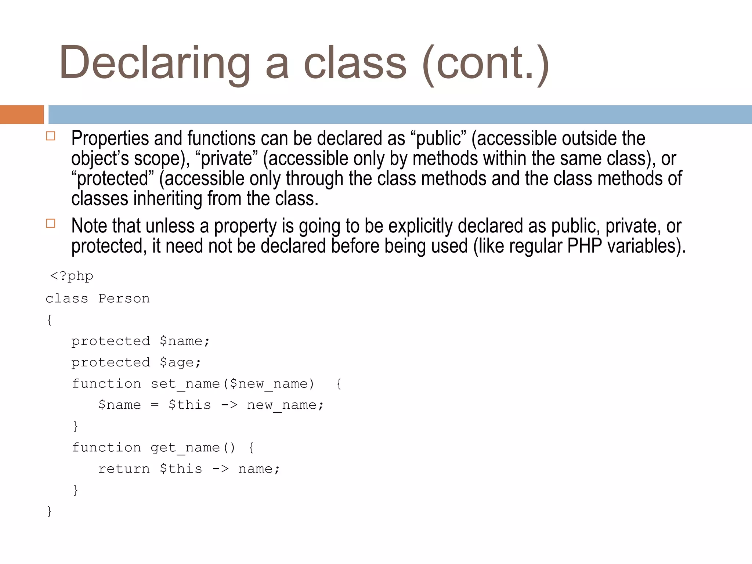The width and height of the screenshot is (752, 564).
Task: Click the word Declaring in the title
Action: click(154, 63)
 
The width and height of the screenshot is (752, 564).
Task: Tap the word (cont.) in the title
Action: click(485, 63)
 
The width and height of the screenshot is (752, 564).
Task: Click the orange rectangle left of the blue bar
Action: click(22, 115)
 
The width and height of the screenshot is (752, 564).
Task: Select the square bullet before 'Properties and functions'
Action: click(51, 136)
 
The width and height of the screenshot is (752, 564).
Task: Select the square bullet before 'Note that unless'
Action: click(51, 223)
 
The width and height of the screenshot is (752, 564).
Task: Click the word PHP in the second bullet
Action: click(584, 246)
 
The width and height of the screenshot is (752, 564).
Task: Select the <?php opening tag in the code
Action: click(72, 276)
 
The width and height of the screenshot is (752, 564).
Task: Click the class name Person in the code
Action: click(124, 299)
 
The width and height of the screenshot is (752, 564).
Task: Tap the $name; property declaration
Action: click(185, 341)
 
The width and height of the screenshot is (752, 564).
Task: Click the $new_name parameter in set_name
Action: click(268, 384)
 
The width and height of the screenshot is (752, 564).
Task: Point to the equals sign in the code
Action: click(155, 405)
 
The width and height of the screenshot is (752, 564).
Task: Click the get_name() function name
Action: click(192, 448)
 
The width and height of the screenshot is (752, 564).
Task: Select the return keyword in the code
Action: click(124, 469)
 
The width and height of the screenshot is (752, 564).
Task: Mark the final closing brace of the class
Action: click(49, 511)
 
